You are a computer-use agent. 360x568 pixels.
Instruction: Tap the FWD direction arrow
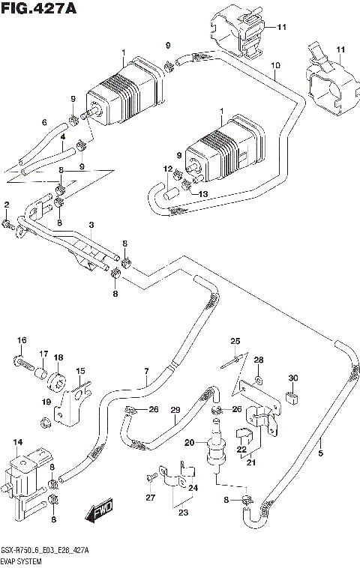point(98,513)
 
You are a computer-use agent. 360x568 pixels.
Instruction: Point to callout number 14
point(18,442)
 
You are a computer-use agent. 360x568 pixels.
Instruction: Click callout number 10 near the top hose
point(276,66)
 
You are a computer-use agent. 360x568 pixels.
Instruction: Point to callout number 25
point(235,341)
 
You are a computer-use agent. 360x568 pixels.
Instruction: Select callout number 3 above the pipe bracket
point(91,225)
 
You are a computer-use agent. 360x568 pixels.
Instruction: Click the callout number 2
point(6,205)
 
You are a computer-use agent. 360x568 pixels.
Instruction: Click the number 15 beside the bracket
point(80,370)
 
